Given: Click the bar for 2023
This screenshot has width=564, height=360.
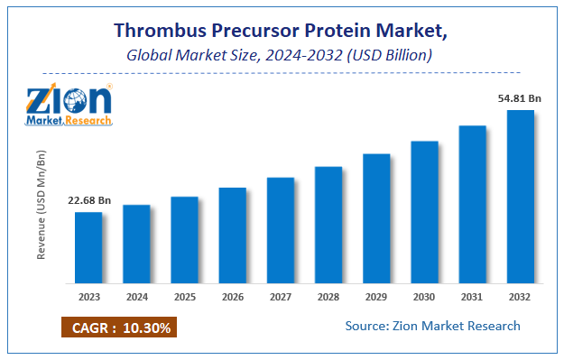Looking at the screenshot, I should [88, 246].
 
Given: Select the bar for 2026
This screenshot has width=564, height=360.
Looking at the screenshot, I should [232, 235].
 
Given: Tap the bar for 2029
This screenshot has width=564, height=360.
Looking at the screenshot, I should [376, 217].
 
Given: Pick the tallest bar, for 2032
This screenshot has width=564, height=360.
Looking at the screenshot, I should [521, 196].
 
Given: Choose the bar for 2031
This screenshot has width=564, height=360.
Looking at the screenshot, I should [473, 203].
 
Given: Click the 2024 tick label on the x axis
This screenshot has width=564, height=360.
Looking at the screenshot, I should [136, 296].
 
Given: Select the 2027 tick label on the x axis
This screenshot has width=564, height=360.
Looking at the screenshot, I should [281, 296].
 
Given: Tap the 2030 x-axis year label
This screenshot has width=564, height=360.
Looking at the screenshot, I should [424, 296].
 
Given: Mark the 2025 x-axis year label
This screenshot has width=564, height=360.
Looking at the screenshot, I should [184, 296].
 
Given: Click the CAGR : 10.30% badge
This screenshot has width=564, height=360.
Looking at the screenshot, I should [117, 326].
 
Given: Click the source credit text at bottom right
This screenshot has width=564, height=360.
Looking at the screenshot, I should [432, 325].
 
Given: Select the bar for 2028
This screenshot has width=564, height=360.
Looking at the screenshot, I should [328, 224].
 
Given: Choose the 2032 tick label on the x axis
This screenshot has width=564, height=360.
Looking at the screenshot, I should [521, 296].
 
